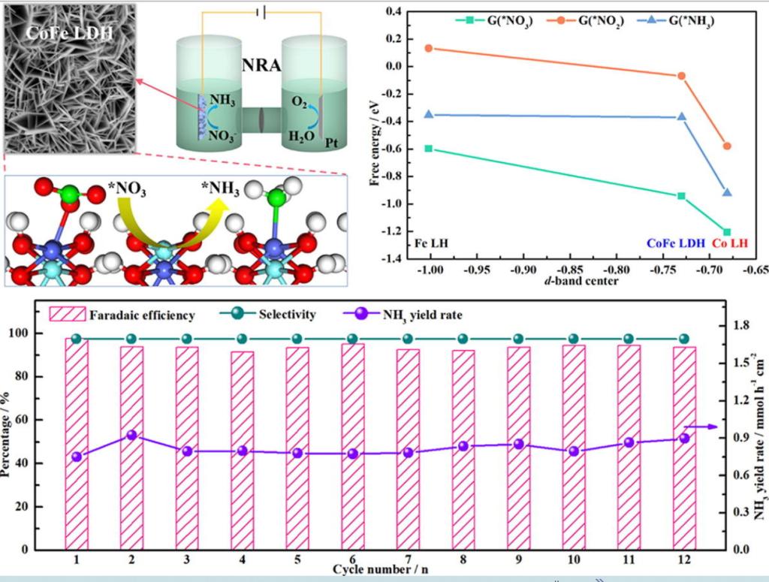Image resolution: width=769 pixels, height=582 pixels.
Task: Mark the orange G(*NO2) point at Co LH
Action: (x=726, y=146)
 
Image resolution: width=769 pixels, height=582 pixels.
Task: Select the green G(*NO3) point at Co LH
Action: (x=726, y=233)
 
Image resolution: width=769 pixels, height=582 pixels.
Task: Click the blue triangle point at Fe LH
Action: (x=429, y=114)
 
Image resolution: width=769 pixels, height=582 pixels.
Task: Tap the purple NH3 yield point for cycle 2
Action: (x=131, y=435)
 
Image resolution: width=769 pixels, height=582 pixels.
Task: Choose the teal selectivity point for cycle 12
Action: (x=683, y=339)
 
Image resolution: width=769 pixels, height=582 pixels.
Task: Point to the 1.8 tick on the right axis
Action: (x=742, y=326)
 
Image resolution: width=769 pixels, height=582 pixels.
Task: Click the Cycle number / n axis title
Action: (x=382, y=568)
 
